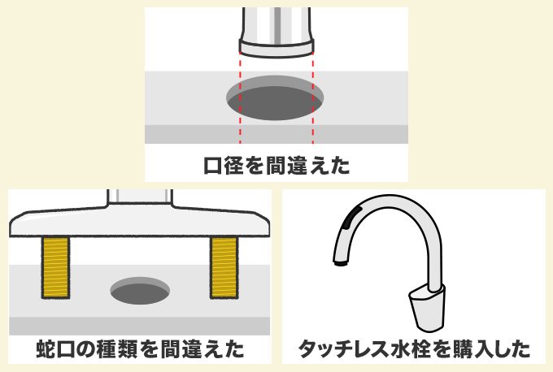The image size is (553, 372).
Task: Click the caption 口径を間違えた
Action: coord(276,166)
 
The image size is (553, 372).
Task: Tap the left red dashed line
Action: coord(240,97)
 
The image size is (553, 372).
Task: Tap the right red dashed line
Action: coord(313,97)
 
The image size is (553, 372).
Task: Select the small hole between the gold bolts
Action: coord(140,290)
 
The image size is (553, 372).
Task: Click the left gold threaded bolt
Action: coord(55,266)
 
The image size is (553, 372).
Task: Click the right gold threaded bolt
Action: coord(224,266)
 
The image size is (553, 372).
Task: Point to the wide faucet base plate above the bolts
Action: coord(140,223)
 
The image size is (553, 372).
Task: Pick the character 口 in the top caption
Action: coord(212,166)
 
